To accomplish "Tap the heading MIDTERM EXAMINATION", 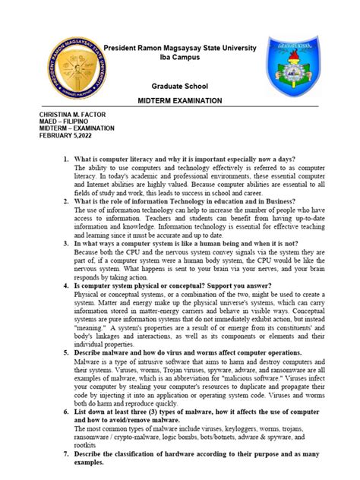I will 179,101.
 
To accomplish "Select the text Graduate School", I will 180,87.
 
